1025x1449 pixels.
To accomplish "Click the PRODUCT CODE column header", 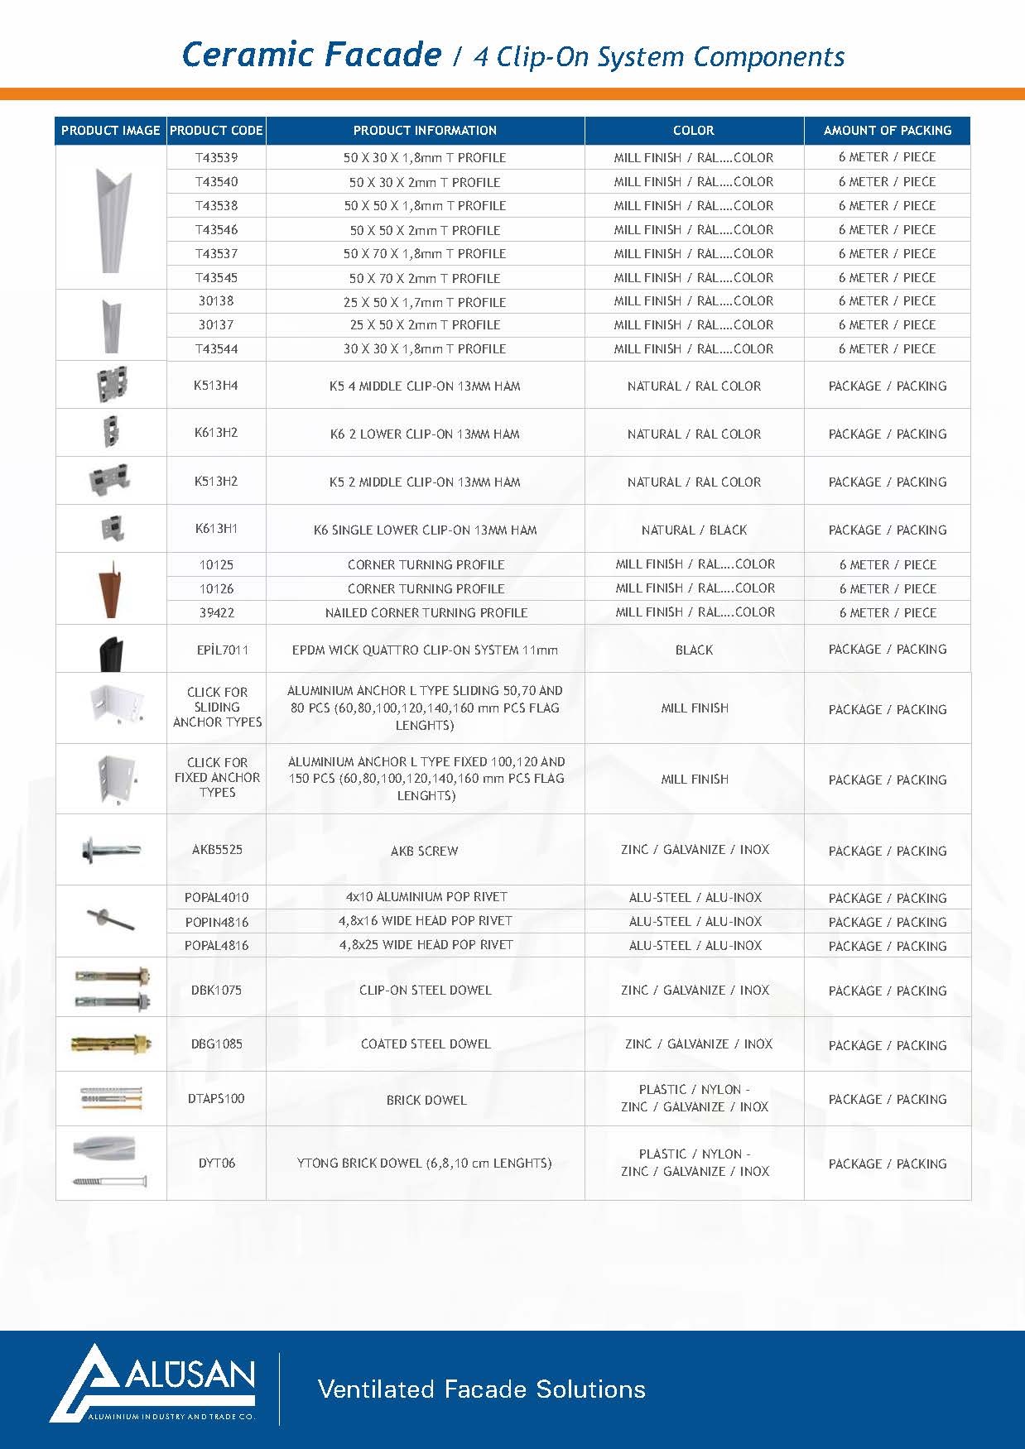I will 216,130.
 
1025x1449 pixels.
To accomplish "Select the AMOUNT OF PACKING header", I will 887,130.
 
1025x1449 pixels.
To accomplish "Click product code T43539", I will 216,157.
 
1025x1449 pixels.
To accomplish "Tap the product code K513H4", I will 216,386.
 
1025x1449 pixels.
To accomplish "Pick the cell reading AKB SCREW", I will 425,851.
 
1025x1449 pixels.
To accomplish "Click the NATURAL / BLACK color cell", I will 694,530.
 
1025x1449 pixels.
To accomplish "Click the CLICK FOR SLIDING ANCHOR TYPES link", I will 217,707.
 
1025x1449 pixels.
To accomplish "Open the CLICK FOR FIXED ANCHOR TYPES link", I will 217,777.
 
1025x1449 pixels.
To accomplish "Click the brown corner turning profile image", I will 111,588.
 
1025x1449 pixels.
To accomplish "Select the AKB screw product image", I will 111,850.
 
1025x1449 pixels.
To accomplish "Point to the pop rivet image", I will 111,919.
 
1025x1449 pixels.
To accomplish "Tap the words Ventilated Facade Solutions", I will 481,1388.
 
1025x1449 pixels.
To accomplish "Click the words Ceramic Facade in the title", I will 311,55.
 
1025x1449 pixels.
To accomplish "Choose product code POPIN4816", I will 216,922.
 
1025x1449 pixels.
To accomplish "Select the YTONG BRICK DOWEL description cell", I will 425,1163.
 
